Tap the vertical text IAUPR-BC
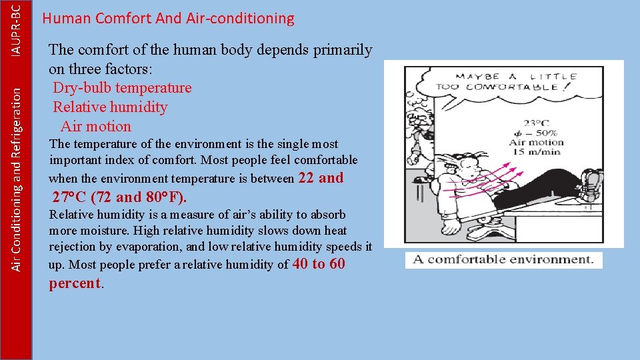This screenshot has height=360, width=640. (x=23, y=27)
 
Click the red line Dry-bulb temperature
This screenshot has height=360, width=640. (x=122, y=88)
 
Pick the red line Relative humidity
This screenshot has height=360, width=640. (x=110, y=107)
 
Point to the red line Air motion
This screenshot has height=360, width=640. (x=96, y=127)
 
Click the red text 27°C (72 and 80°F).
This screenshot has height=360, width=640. (x=120, y=197)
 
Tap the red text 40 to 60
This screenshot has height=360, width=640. (x=319, y=264)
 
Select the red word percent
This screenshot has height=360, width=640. (x=74, y=283)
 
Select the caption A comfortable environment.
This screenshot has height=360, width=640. (x=503, y=260)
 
